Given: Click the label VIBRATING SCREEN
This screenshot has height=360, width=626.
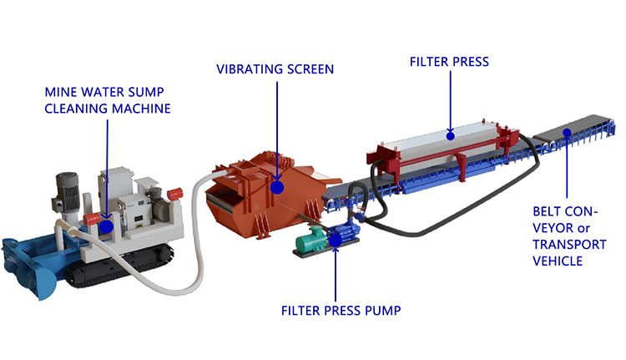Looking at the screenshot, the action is [275, 69].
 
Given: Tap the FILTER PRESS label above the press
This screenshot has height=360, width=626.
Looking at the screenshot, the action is [449, 62].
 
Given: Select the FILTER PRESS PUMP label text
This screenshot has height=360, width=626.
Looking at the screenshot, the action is [341, 311].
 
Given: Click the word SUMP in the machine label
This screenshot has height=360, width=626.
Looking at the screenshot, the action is [146, 93].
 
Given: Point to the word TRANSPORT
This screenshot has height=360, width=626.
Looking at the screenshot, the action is [569, 245].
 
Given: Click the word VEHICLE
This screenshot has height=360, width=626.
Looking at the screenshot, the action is [558, 261].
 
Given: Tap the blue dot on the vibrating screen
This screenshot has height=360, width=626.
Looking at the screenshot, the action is [276, 187].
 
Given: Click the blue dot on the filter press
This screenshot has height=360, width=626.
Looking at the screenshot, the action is [451, 136].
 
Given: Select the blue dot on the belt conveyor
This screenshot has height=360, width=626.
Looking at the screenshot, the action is [567, 132].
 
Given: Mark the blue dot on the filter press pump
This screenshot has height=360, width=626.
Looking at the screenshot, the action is [335, 240].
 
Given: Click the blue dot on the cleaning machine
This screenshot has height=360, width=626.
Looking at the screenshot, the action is [106, 226].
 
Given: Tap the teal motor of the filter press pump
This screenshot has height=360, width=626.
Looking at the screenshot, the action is [310, 239].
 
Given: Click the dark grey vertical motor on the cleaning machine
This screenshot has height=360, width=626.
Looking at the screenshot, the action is [66, 193].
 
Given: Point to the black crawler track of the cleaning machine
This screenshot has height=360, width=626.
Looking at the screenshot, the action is [119, 266].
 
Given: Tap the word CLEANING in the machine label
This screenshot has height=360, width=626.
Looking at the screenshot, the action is [76, 109].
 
